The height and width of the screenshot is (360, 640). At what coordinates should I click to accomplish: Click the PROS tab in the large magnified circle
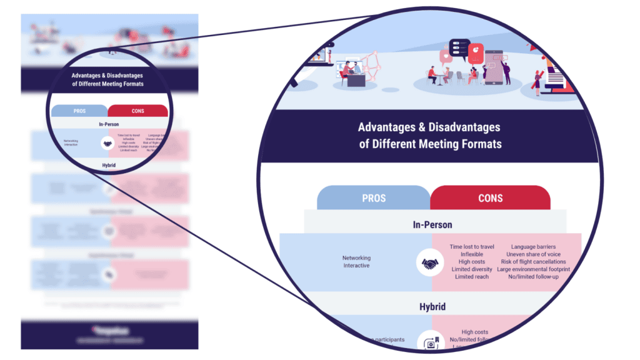point(374,197)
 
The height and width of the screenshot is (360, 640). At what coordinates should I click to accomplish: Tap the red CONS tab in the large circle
point(490,197)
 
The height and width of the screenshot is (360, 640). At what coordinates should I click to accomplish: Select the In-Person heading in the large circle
point(432,224)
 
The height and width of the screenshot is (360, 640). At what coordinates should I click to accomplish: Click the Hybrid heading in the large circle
point(432,307)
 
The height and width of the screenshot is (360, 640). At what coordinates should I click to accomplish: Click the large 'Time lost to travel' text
point(472,247)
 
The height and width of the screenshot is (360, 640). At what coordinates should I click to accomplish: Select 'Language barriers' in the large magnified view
point(533,247)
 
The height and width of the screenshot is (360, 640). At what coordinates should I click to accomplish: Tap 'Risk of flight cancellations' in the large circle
point(533,262)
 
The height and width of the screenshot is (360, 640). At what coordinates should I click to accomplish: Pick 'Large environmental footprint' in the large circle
point(533,269)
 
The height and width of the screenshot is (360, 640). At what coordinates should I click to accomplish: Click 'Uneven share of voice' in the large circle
point(533,254)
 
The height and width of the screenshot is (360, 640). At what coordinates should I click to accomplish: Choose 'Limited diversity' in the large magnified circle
point(472,269)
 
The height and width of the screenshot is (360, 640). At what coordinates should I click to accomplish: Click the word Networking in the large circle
point(356,257)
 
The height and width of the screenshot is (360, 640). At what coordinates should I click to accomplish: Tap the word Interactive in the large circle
point(356,266)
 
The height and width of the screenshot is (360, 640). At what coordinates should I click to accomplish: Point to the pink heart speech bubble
point(446,57)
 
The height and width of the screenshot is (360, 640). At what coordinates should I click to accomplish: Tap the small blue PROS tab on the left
point(79,111)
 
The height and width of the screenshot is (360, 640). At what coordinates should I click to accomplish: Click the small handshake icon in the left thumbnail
point(107,143)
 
